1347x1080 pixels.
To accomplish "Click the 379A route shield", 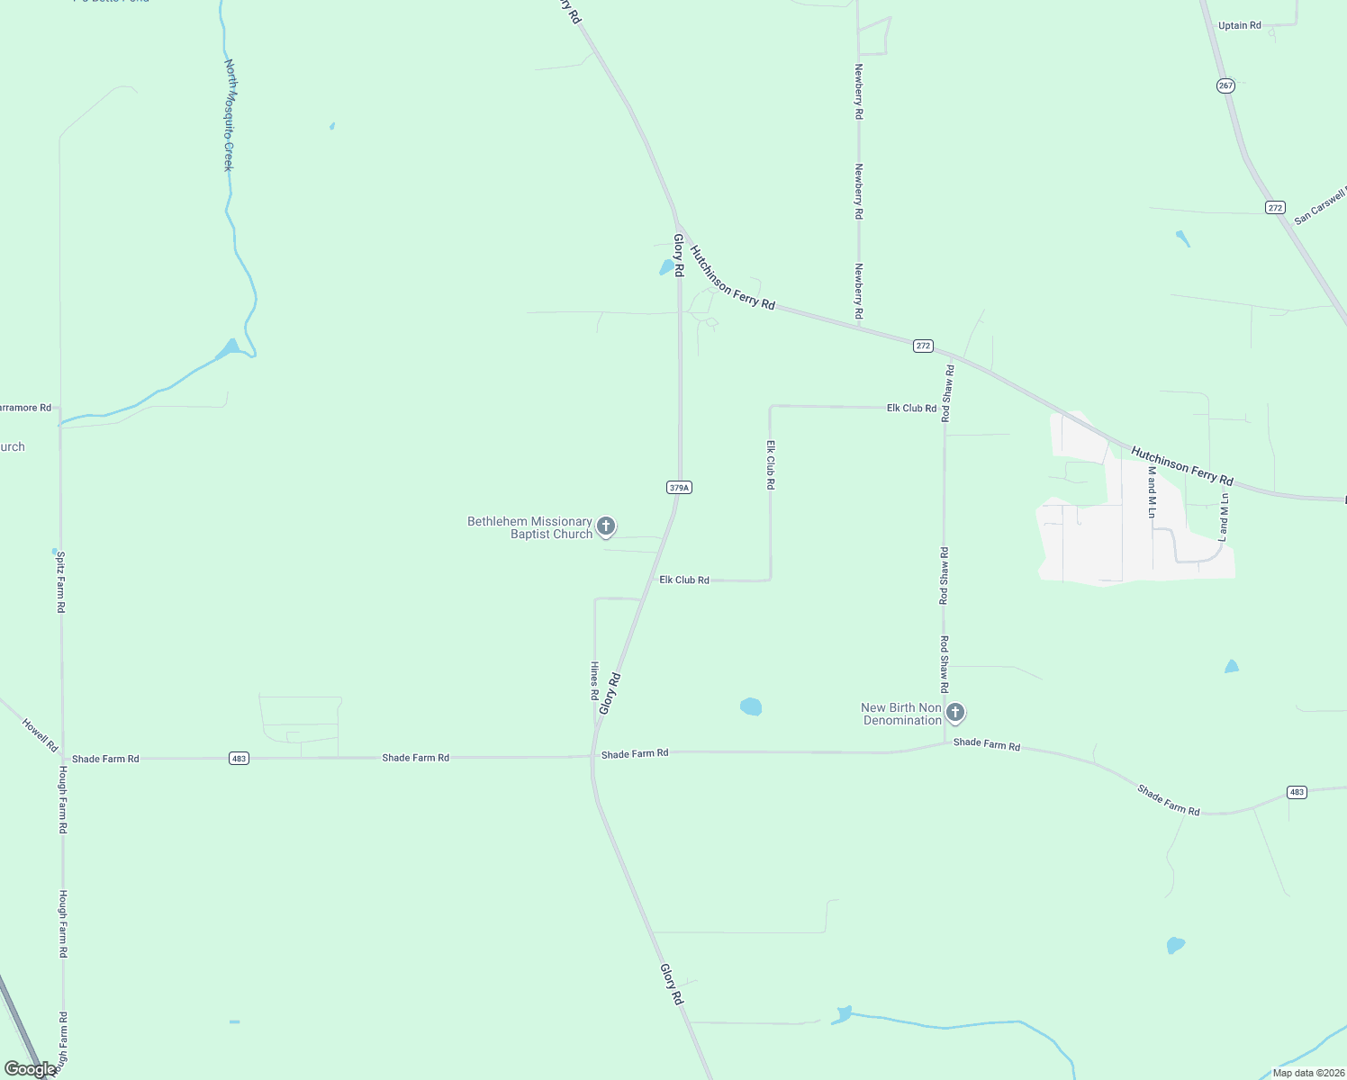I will click(x=679, y=488).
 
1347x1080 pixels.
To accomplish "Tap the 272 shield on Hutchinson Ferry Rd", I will click(x=922, y=346).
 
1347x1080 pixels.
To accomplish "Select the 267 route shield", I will click(x=1225, y=85).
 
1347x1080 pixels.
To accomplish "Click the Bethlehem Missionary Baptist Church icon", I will click(x=606, y=526).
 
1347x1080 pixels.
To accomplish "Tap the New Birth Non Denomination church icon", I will click(x=955, y=713).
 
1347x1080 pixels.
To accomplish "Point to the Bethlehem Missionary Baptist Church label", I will click(x=529, y=528).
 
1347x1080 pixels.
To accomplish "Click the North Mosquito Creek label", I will click(x=230, y=115).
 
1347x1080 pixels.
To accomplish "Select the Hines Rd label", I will click(x=594, y=680).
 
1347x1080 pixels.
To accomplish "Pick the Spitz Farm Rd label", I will click(x=61, y=582).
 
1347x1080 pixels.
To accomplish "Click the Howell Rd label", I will click(x=40, y=734).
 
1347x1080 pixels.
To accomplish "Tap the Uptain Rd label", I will click(x=1239, y=25).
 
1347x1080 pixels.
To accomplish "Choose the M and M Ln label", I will click(x=1152, y=492).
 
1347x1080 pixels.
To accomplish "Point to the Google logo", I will click(x=30, y=1069).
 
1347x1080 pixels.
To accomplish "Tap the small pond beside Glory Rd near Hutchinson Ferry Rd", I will click(x=668, y=267).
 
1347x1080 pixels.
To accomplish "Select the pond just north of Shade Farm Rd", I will click(x=751, y=706).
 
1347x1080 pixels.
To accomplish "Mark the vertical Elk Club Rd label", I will click(x=771, y=464).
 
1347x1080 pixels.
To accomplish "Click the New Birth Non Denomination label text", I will click(x=901, y=714).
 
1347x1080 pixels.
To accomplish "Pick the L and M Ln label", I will click(x=1224, y=517).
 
